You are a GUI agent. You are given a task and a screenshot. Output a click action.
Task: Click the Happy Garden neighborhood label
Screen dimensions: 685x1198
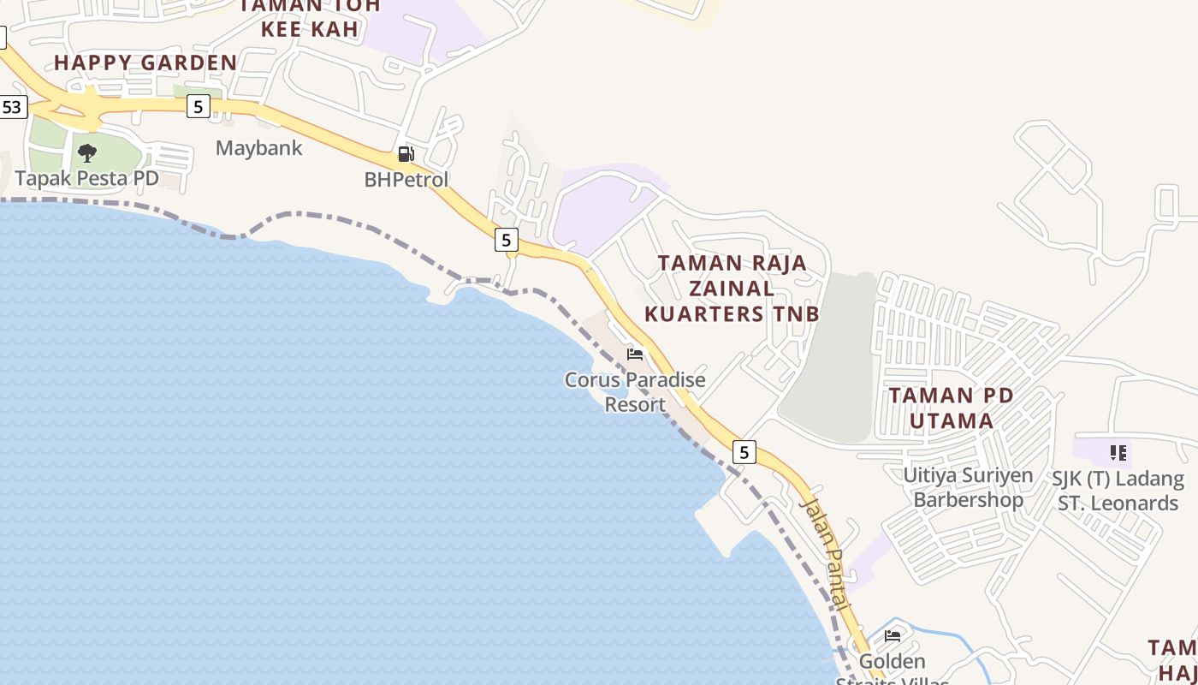pos(145,63)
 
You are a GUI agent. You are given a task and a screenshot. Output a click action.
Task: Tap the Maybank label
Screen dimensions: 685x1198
pos(258,148)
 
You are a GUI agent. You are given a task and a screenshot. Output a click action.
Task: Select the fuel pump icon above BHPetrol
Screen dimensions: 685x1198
pos(406,155)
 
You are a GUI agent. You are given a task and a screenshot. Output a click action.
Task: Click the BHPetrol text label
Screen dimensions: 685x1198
pos(406,180)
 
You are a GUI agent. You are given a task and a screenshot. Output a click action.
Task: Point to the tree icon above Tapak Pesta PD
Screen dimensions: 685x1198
pos(86,154)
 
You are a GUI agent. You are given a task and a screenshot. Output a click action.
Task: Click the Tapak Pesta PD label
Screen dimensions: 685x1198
pos(87,178)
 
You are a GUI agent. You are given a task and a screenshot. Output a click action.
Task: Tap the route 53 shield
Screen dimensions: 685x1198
pos(12,108)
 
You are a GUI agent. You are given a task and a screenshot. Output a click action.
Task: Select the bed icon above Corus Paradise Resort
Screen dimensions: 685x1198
pos(635,354)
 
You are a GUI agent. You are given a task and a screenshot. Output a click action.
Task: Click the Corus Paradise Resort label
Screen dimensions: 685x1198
pos(635,391)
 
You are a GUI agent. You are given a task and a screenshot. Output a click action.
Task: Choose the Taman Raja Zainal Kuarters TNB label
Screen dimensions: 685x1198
pos(732,288)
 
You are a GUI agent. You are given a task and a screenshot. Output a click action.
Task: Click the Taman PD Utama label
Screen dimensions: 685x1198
pos(951,408)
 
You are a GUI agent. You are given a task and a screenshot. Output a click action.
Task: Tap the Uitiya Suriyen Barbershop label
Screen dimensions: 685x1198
pos(968,487)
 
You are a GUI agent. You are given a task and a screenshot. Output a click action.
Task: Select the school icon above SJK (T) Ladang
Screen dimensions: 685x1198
pos(1118,452)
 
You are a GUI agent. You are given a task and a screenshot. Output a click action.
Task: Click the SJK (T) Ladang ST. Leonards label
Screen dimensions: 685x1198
pos(1118,491)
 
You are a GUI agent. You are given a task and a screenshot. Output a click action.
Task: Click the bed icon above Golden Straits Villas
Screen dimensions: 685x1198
pos(893,636)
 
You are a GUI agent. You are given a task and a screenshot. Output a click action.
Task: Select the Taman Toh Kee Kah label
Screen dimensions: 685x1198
pos(308,17)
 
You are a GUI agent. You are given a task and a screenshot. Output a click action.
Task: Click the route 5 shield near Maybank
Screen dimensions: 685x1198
pos(199,106)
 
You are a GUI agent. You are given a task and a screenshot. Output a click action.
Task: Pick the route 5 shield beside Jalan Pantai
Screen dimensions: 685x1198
pos(744,452)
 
